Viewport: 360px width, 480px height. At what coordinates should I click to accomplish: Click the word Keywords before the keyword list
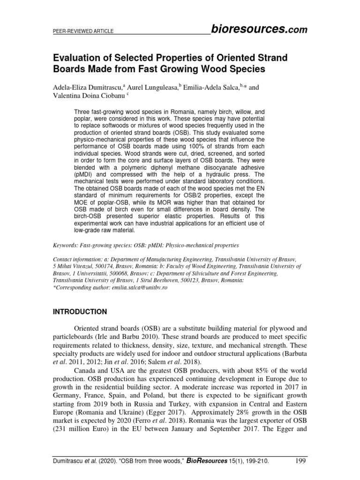68,245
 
